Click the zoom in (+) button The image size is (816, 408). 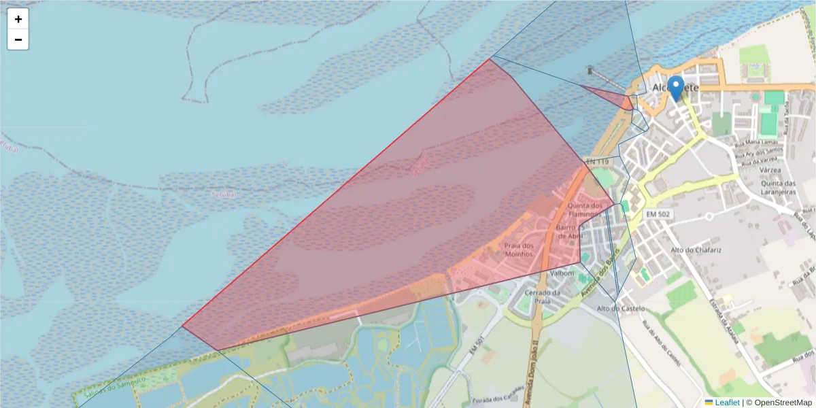click(18, 19)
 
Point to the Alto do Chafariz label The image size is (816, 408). click(696, 250)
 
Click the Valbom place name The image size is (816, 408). click(562, 273)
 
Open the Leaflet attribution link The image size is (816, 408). click(727, 403)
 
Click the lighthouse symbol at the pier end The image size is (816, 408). click(590, 69)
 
